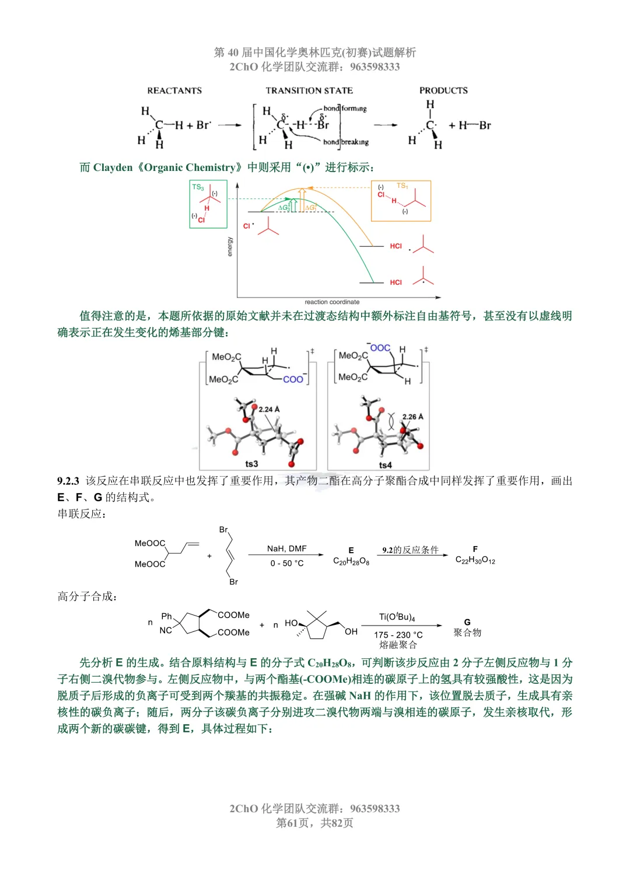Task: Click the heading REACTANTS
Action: (x=174, y=90)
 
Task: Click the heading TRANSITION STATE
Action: (x=309, y=90)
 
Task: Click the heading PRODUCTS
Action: (x=443, y=90)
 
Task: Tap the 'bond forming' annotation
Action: (x=345, y=108)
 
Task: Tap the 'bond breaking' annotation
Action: (x=345, y=142)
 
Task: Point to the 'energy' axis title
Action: (x=230, y=247)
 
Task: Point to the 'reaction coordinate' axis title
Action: (x=332, y=302)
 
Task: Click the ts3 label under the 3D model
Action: (x=251, y=464)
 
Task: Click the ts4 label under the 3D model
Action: (x=385, y=465)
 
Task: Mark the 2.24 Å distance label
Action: (x=269, y=409)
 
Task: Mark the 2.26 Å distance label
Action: (x=413, y=417)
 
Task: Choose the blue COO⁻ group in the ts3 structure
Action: (x=295, y=379)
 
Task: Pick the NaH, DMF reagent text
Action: (x=287, y=548)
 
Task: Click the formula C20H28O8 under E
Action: (x=351, y=561)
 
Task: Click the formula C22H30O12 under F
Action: (x=475, y=560)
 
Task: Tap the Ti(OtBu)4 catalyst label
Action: (x=397, y=617)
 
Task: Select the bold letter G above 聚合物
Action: (x=467, y=622)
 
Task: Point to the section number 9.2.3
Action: (x=68, y=481)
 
